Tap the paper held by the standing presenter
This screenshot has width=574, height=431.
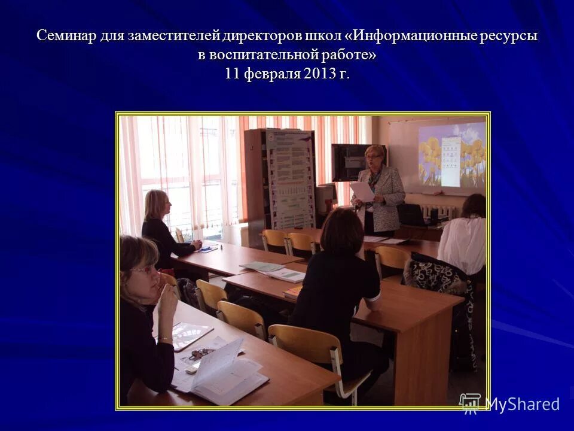(362, 191)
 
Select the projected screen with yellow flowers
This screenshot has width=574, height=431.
(451, 154)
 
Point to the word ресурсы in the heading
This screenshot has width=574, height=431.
(509, 36)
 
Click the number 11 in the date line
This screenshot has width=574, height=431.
(233, 74)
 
